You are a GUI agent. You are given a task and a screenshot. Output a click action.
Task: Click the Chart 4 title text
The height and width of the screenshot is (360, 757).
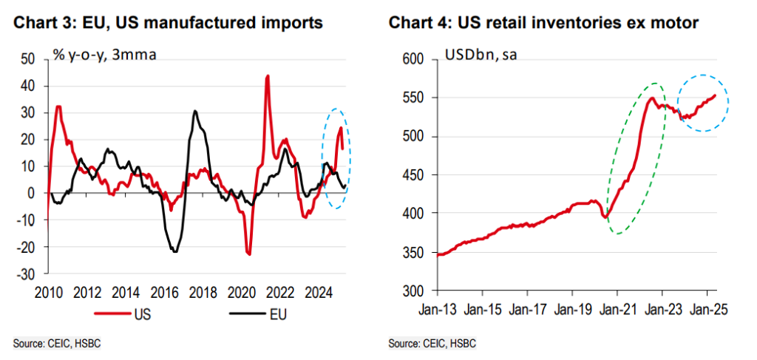pos(543,23)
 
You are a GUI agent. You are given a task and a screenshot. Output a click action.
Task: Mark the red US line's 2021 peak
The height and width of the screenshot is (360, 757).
pos(267,75)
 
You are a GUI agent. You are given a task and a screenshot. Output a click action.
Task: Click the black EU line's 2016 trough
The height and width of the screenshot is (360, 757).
pos(174,251)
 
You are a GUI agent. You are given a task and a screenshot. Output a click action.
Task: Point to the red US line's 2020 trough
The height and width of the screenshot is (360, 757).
pos(248,254)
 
